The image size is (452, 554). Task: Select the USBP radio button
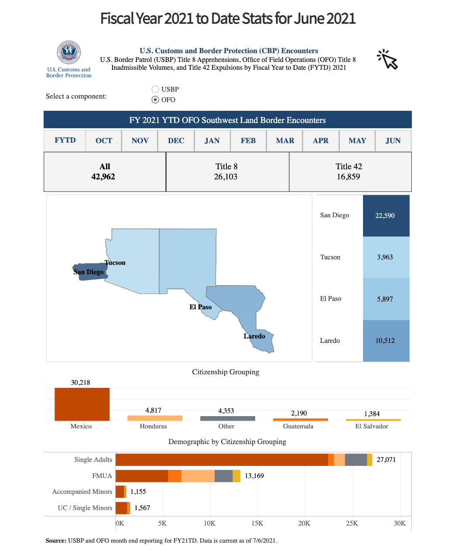pyautogui.click(x=155, y=89)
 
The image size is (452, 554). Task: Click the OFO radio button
pyautogui.click(x=155, y=99)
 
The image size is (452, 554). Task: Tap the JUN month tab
pyautogui.click(x=393, y=140)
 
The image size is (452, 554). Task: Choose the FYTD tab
pyautogui.click(x=65, y=140)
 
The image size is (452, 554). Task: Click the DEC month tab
pyautogui.click(x=176, y=140)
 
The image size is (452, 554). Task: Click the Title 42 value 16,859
pyautogui.click(x=348, y=177)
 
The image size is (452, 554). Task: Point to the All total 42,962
pyautogui.click(x=103, y=177)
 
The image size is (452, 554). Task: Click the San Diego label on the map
pyautogui.click(x=88, y=272)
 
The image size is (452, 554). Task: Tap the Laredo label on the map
pyautogui.click(x=254, y=336)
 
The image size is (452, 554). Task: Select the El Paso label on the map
pyautogui.click(x=200, y=307)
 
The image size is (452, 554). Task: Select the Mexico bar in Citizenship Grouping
pyautogui.click(x=82, y=404)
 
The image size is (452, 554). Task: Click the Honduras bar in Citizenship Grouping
pyautogui.click(x=154, y=418)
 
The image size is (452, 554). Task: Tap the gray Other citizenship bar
pyautogui.click(x=228, y=418)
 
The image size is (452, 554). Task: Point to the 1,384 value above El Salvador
pyautogui.click(x=372, y=414)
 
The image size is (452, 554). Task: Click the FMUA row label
pyautogui.click(x=102, y=476)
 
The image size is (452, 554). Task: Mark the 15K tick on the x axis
pyautogui.click(x=257, y=523)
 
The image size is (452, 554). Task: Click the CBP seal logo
pyautogui.click(x=68, y=52)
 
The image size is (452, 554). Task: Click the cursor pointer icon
pyautogui.click(x=387, y=59)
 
